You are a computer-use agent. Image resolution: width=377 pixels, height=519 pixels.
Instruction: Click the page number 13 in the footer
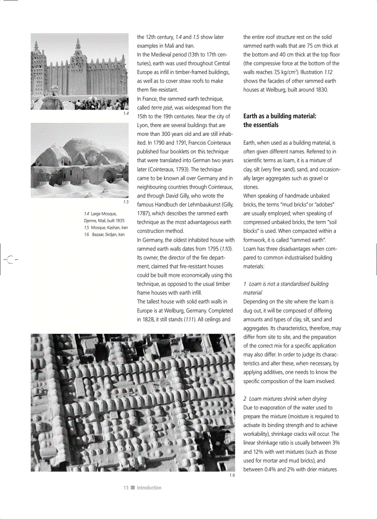(126, 488)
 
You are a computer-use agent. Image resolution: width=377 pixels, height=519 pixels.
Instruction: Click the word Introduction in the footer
(149, 488)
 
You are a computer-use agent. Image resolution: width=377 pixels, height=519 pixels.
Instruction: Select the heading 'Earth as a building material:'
(280, 116)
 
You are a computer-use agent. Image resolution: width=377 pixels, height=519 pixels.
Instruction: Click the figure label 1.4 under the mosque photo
(126, 113)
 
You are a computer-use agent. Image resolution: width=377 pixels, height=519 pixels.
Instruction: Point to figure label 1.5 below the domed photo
(126, 202)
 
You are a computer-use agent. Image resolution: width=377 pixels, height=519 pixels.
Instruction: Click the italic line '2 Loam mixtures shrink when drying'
(285, 398)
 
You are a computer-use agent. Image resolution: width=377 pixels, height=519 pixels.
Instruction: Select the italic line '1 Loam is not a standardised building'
(286, 284)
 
